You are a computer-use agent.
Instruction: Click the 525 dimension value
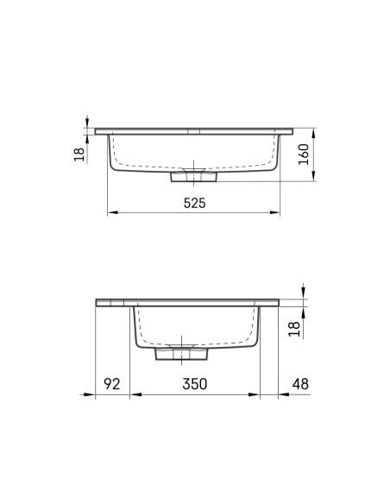click(194, 203)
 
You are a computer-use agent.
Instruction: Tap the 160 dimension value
click(304, 154)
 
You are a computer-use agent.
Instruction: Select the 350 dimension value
click(195, 384)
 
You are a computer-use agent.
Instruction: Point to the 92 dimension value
click(112, 384)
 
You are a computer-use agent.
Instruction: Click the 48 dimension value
click(300, 384)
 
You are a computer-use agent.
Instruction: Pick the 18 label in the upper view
click(79, 154)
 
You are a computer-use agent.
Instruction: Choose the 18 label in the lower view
click(294, 329)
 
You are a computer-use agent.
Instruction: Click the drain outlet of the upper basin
click(194, 177)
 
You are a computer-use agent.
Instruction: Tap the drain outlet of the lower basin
click(181, 354)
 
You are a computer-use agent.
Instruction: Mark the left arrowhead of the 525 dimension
click(112, 212)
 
